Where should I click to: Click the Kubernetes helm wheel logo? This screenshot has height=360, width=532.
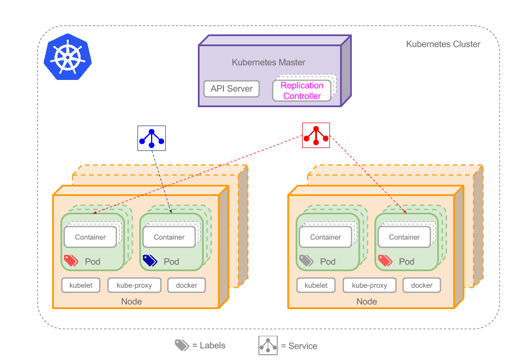click(x=68, y=56)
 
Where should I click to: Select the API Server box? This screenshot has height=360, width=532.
click(x=232, y=89)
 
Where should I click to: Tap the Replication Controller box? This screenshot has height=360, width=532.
click(x=302, y=91)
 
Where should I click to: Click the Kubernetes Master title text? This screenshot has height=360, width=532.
click(x=268, y=62)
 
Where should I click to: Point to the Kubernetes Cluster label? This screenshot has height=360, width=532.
click(x=443, y=44)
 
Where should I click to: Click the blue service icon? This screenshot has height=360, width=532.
click(x=152, y=138)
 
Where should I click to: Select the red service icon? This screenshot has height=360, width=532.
click(x=316, y=136)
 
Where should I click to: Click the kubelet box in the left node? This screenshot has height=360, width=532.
click(x=81, y=285)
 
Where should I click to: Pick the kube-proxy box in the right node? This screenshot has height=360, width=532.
click(x=370, y=285)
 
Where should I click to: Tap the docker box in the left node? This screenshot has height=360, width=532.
click(x=187, y=285)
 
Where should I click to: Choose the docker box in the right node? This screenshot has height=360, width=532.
click(x=422, y=285)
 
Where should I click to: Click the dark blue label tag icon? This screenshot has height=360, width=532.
click(x=150, y=261)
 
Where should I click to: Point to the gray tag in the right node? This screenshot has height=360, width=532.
click(x=306, y=261)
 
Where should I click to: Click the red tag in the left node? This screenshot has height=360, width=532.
click(x=71, y=261)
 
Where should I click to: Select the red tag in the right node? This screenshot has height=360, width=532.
click(x=385, y=261)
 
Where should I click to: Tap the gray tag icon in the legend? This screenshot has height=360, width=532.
click(x=181, y=345)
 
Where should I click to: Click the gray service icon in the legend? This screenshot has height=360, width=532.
click(x=268, y=345)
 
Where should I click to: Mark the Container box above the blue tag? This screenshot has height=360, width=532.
click(x=169, y=237)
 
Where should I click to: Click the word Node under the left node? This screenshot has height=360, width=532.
click(x=132, y=301)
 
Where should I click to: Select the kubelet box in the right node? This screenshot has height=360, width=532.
click(x=316, y=285)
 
